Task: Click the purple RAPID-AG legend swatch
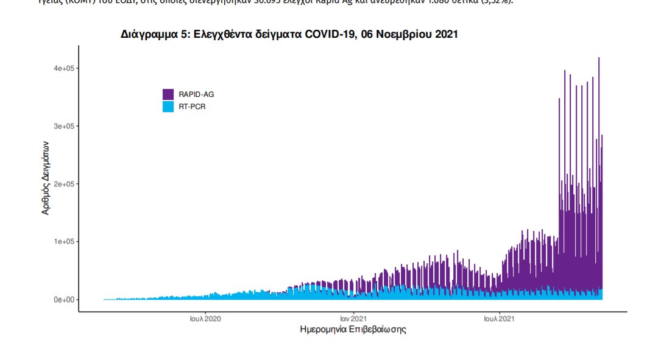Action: [168, 94]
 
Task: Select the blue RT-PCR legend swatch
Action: [168, 107]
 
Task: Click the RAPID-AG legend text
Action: [196, 94]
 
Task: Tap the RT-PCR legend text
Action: [192, 107]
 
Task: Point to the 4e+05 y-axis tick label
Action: [63, 69]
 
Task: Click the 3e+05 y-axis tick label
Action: [63, 127]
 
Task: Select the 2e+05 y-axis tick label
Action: [63, 184]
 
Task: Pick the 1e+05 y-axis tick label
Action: [63, 242]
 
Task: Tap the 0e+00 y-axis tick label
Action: [63, 300]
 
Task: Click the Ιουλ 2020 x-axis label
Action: [205, 319]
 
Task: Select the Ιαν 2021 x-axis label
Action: [353, 319]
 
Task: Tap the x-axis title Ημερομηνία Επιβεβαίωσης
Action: [353, 330]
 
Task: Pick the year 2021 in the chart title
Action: [445, 35]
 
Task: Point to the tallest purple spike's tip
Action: [599, 58]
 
